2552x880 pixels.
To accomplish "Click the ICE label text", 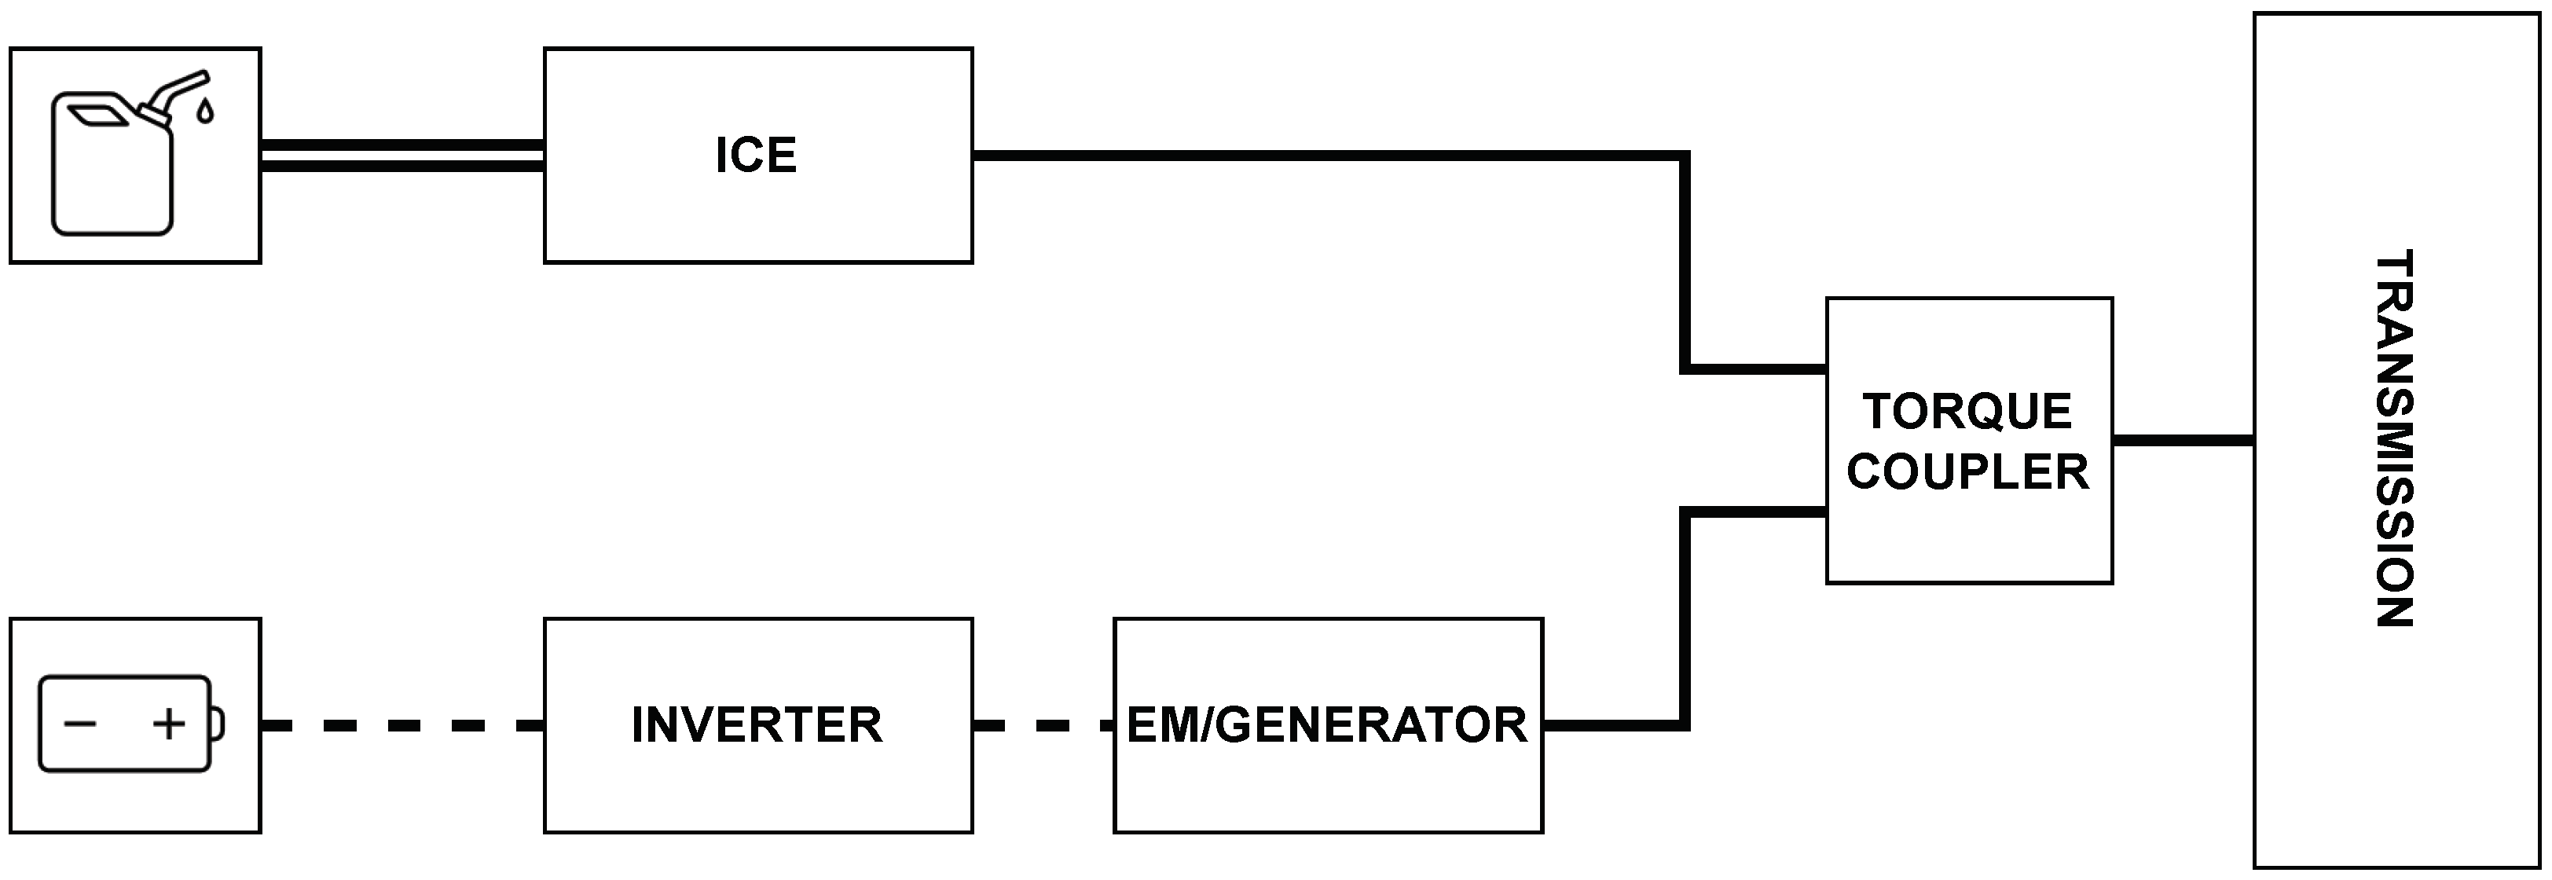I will [756, 156].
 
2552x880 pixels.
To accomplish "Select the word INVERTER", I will [756, 725].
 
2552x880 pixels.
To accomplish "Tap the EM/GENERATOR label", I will [1326, 725].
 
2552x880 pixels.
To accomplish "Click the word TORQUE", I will [1967, 411].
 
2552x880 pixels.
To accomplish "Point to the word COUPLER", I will [1967, 471].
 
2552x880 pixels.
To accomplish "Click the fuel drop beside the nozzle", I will [205, 111].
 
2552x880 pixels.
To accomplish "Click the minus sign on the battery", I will [79, 724].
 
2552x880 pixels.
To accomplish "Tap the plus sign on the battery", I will [170, 724].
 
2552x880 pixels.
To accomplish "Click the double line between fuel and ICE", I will [401, 156].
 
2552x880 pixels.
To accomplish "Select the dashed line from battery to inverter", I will [401, 727].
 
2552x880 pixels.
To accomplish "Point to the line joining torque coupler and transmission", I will [2183, 439].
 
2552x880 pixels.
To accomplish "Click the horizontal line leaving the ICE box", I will [1328, 156].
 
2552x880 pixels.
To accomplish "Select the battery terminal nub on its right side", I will [218, 724].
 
